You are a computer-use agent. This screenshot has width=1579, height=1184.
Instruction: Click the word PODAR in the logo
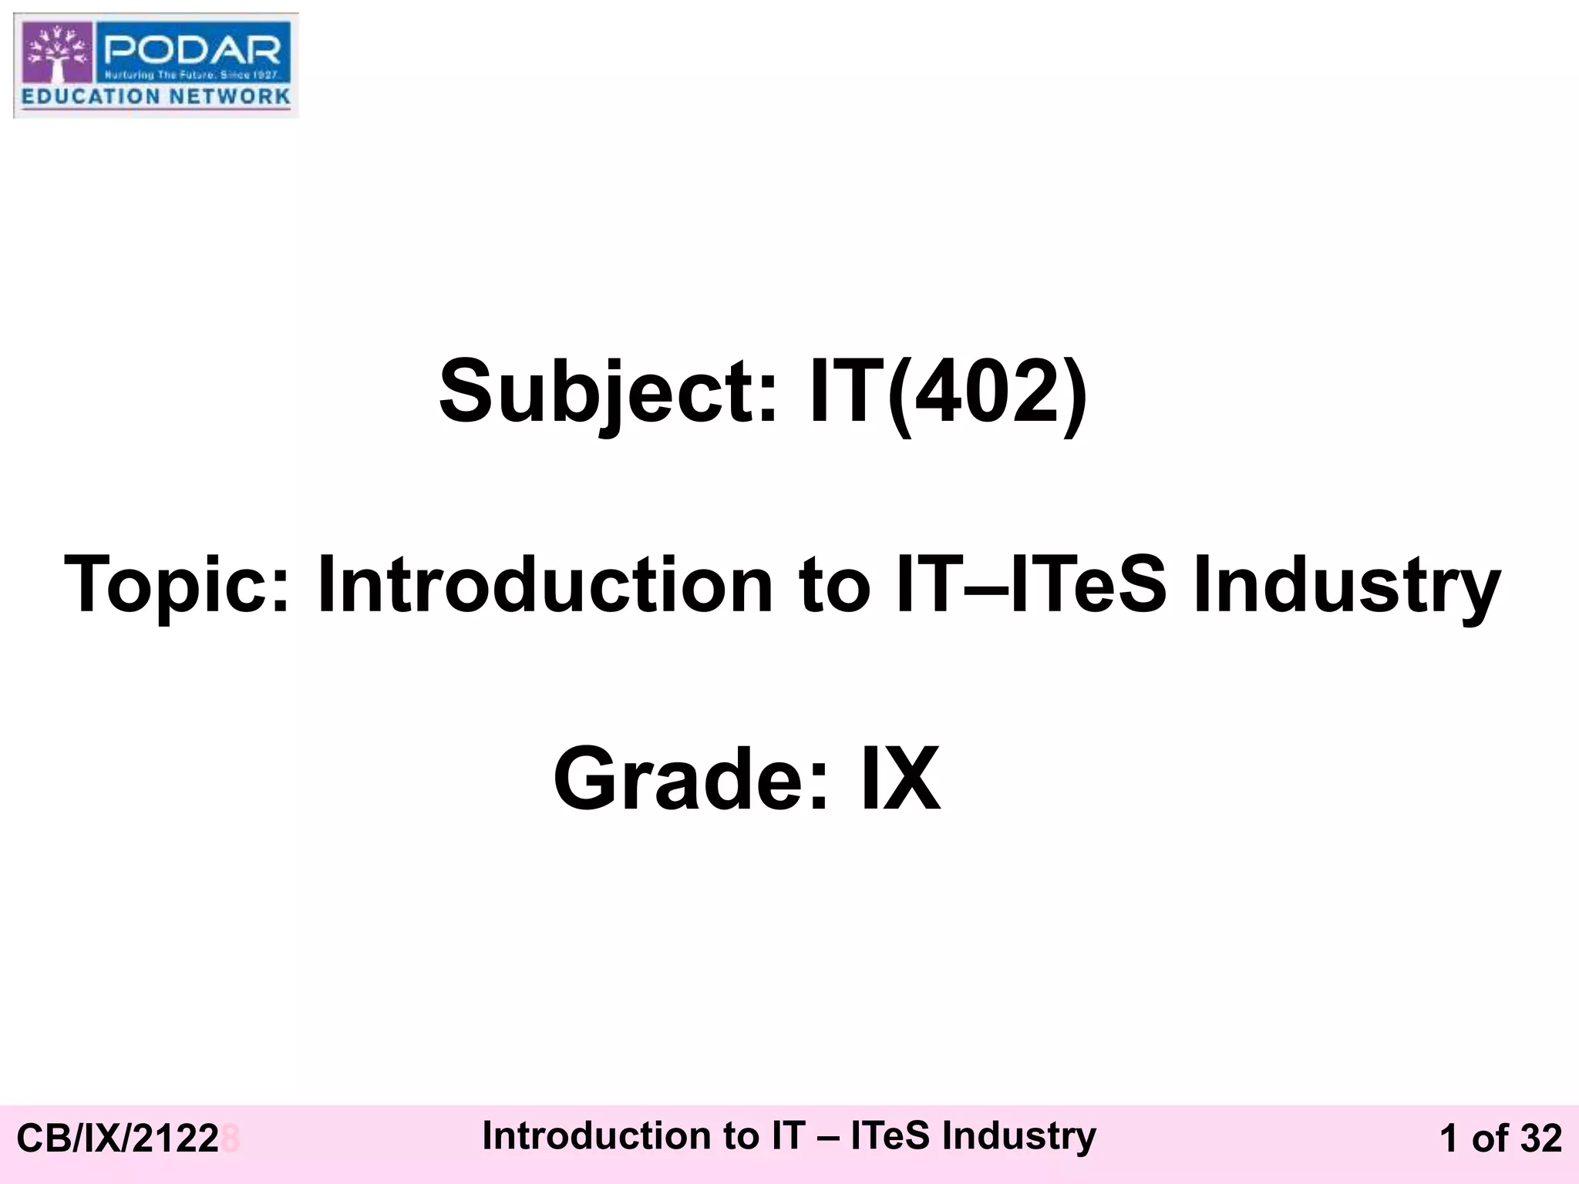193,52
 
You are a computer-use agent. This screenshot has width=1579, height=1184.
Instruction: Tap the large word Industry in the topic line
1346,585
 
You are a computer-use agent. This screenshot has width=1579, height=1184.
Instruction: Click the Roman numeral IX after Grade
900,779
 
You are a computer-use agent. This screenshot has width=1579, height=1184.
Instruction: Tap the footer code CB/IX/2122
117,1139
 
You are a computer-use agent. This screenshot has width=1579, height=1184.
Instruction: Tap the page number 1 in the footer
1449,1139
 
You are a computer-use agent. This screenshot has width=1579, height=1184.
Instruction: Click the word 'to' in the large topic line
833,585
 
